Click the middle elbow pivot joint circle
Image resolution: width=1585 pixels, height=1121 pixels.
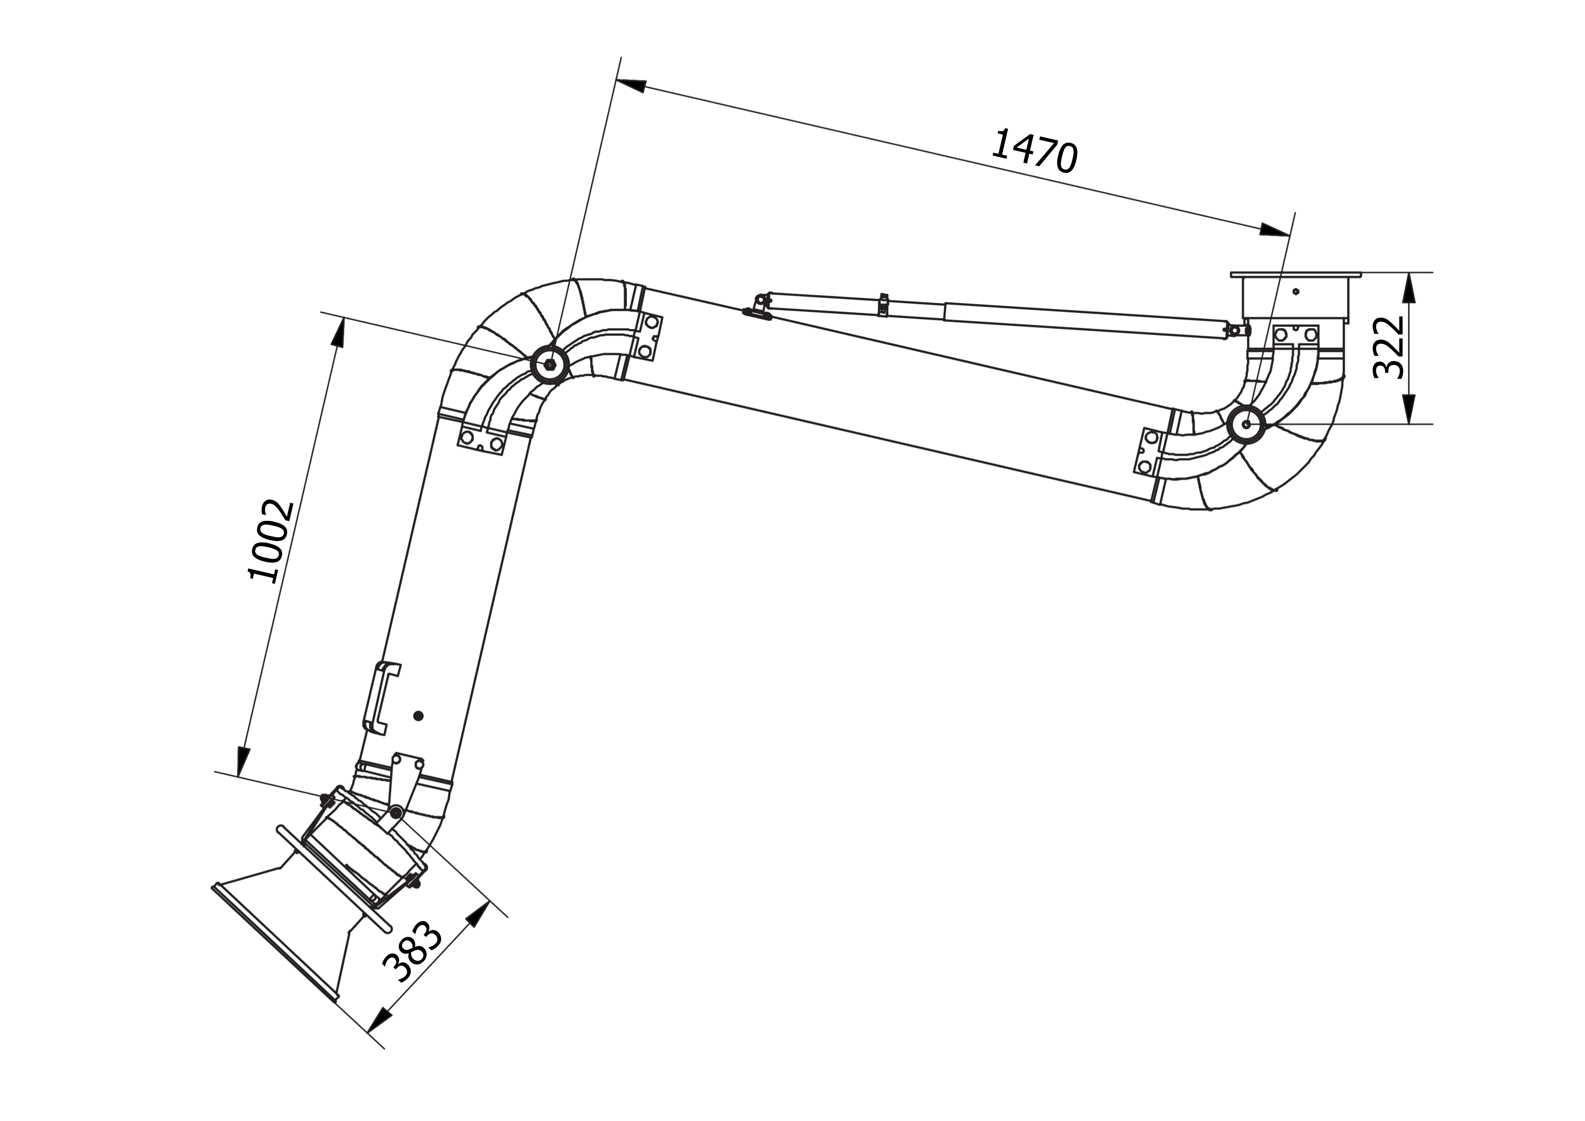click(549, 364)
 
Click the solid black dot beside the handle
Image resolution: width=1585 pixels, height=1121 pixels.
click(418, 716)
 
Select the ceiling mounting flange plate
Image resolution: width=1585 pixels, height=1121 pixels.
click(1296, 275)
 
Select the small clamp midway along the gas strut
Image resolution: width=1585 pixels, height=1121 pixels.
click(883, 304)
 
